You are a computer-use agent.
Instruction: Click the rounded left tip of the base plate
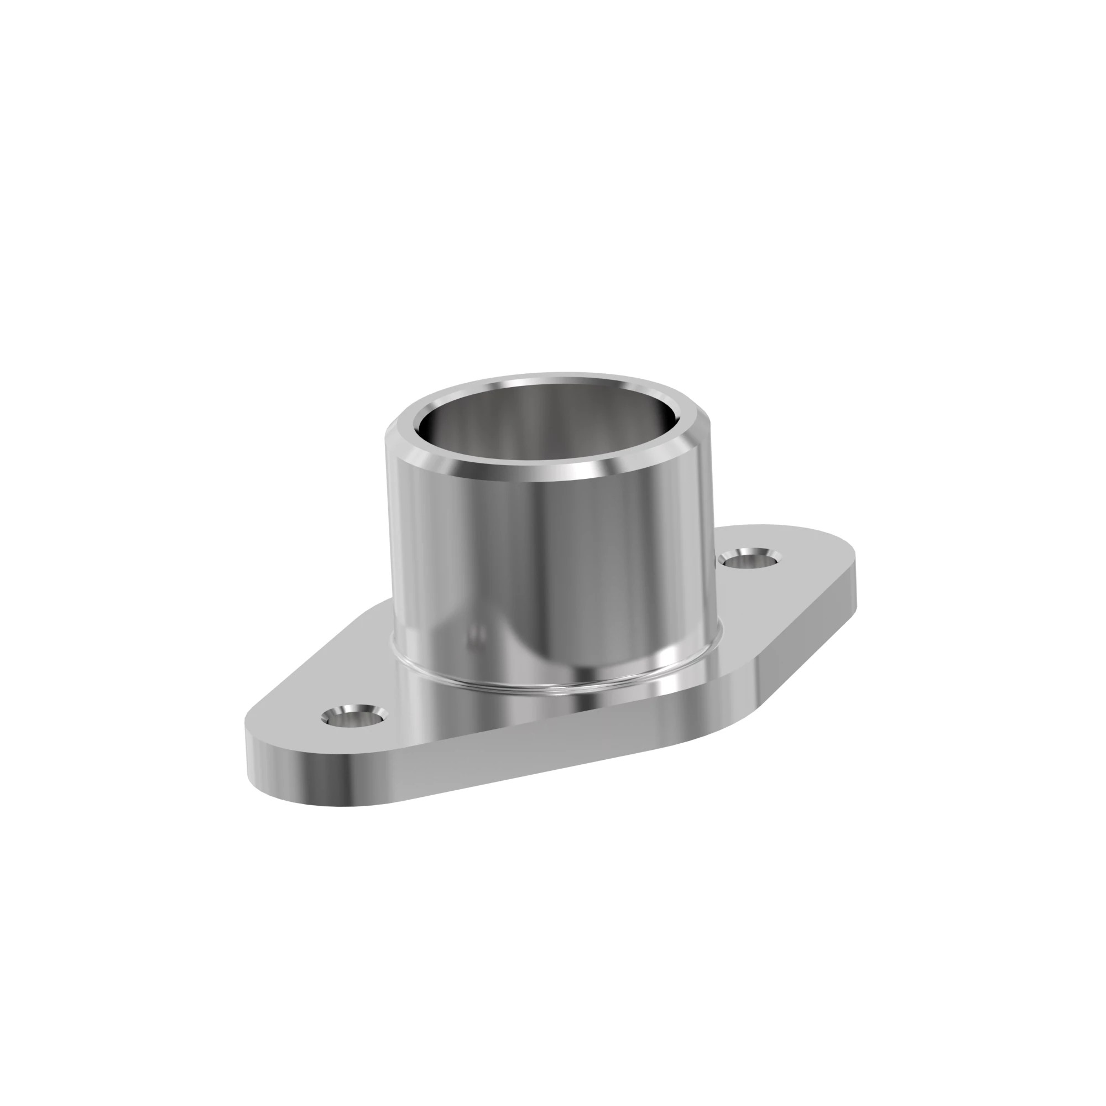[252, 744]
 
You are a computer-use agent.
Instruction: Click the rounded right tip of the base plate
[853, 564]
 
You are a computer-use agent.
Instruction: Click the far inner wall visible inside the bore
[550, 412]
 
